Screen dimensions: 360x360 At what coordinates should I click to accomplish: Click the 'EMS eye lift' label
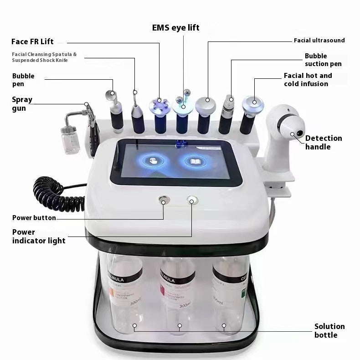[x=175, y=28]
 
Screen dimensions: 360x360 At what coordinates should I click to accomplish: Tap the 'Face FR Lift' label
[x=32, y=41]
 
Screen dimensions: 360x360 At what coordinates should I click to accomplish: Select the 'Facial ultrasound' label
[x=319, y=41]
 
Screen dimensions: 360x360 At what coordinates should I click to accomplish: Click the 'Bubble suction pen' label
[x=323, y=60]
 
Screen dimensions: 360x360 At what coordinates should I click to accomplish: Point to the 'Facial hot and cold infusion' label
[x=308, y=79]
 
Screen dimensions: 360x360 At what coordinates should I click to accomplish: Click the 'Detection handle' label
[x=324, y=142]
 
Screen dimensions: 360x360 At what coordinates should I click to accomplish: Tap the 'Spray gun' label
[x=22, y=103]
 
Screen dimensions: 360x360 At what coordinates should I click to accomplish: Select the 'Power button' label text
[x=34, y=218]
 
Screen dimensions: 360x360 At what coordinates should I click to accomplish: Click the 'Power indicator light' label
[x=39, y=236]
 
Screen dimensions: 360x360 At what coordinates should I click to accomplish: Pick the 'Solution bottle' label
[x=329, y=330]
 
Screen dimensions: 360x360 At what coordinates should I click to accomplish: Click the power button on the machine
[x=163, y=200]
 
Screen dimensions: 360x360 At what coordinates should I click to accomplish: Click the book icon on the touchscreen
[x=195, y=161]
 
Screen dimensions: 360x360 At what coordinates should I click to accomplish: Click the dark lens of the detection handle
[x=300, y=133]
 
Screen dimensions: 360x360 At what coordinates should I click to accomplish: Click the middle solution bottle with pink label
[x=177, y=292]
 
